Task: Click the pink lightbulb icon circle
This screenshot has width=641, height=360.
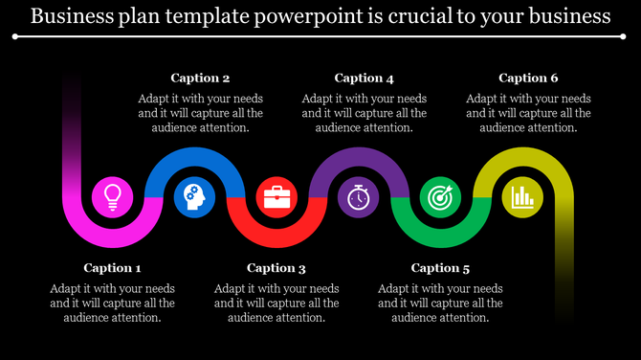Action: coord(113,197)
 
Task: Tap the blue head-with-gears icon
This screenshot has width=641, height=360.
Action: coord(195,197)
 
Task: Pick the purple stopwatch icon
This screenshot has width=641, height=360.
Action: coord(359,197)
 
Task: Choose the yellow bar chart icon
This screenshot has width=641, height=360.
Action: coord(522,197)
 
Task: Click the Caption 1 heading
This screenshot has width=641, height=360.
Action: coord(112,268)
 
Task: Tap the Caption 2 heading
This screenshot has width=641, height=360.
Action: coord(200,79)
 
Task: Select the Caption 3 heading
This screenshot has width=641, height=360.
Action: coord(276,268)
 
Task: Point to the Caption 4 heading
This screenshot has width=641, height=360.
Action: coord(364,79)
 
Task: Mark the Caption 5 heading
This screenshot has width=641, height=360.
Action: coord(440,268)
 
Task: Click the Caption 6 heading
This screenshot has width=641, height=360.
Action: coord(528,79)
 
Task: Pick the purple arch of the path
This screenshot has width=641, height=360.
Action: coord(359,155)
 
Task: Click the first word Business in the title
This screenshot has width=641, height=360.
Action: coord(71,16)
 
